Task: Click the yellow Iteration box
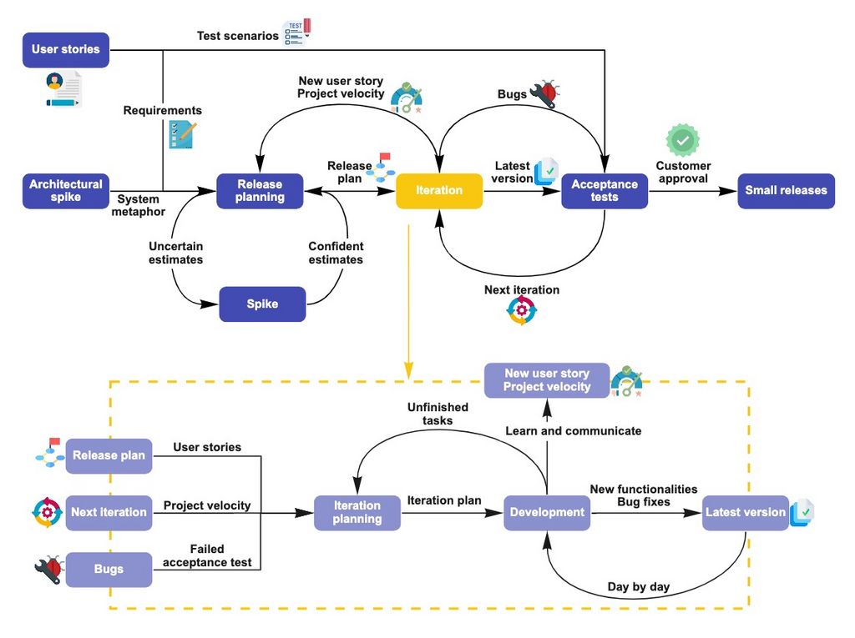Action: point(439,191)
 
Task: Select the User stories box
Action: point(66,50)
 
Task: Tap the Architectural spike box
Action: point(66,191)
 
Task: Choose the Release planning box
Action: point(260,191)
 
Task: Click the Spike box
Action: point(262,304)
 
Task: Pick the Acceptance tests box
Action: point(605,191)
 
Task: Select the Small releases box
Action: point(786,191)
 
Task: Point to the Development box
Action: point(547,513)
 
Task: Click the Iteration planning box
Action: point(357,513)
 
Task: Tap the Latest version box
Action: point(745,513)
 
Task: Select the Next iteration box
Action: point(109,513)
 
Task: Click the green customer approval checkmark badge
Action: point(682,139)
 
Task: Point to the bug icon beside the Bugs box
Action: point(48,570)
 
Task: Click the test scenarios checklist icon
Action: point(296,32)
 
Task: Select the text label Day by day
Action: point(638,587)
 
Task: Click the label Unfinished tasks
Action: point(438,414)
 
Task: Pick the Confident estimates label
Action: point(336,254)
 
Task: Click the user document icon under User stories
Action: point(63,89)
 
